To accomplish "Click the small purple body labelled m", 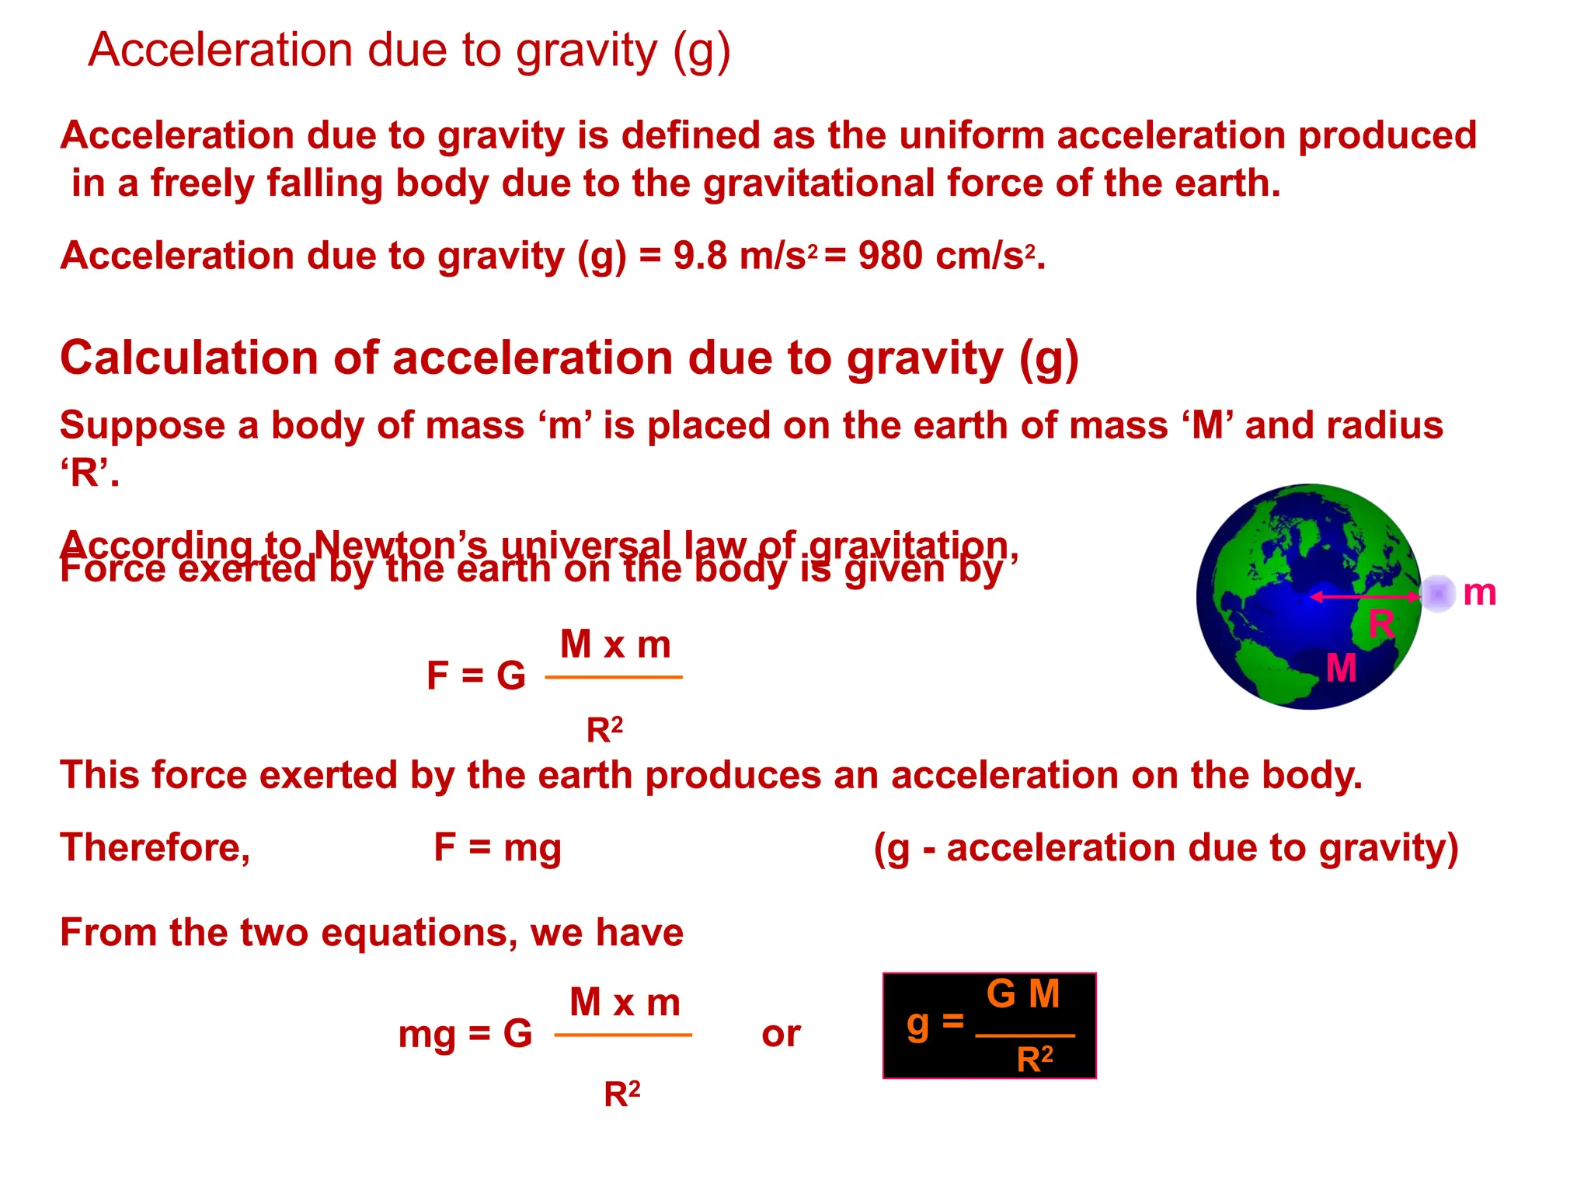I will pyautogui.click(x=1438, y=594).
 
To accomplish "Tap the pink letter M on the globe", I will pyautogui.click(x=1341, y=668).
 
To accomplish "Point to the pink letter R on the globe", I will pyautogui.click(x=1381, y=623).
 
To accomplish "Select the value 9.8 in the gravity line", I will pyautogui.click(x=700, y=256).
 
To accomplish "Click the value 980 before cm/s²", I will pyautogui.click(x=890, y=256).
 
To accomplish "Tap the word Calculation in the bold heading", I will pyautogui.click(x=189, y=358).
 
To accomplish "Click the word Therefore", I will pyautogui.click(x=155, y=847).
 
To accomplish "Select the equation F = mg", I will pyautogui.click(x=497, y=847).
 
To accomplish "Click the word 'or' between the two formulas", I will pyautogui.click(x=781, y=1034).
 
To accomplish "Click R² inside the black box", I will pyautogui.click(x=1035, y=1059).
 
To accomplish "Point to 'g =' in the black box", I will pyautogui.click(x=935, y=1024).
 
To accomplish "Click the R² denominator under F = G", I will pyautogui.click(x=604, y=730).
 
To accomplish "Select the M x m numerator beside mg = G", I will pyautogui.click(x=625, y=1003).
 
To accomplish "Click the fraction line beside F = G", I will pyautogui.click(x=614, y=678).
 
